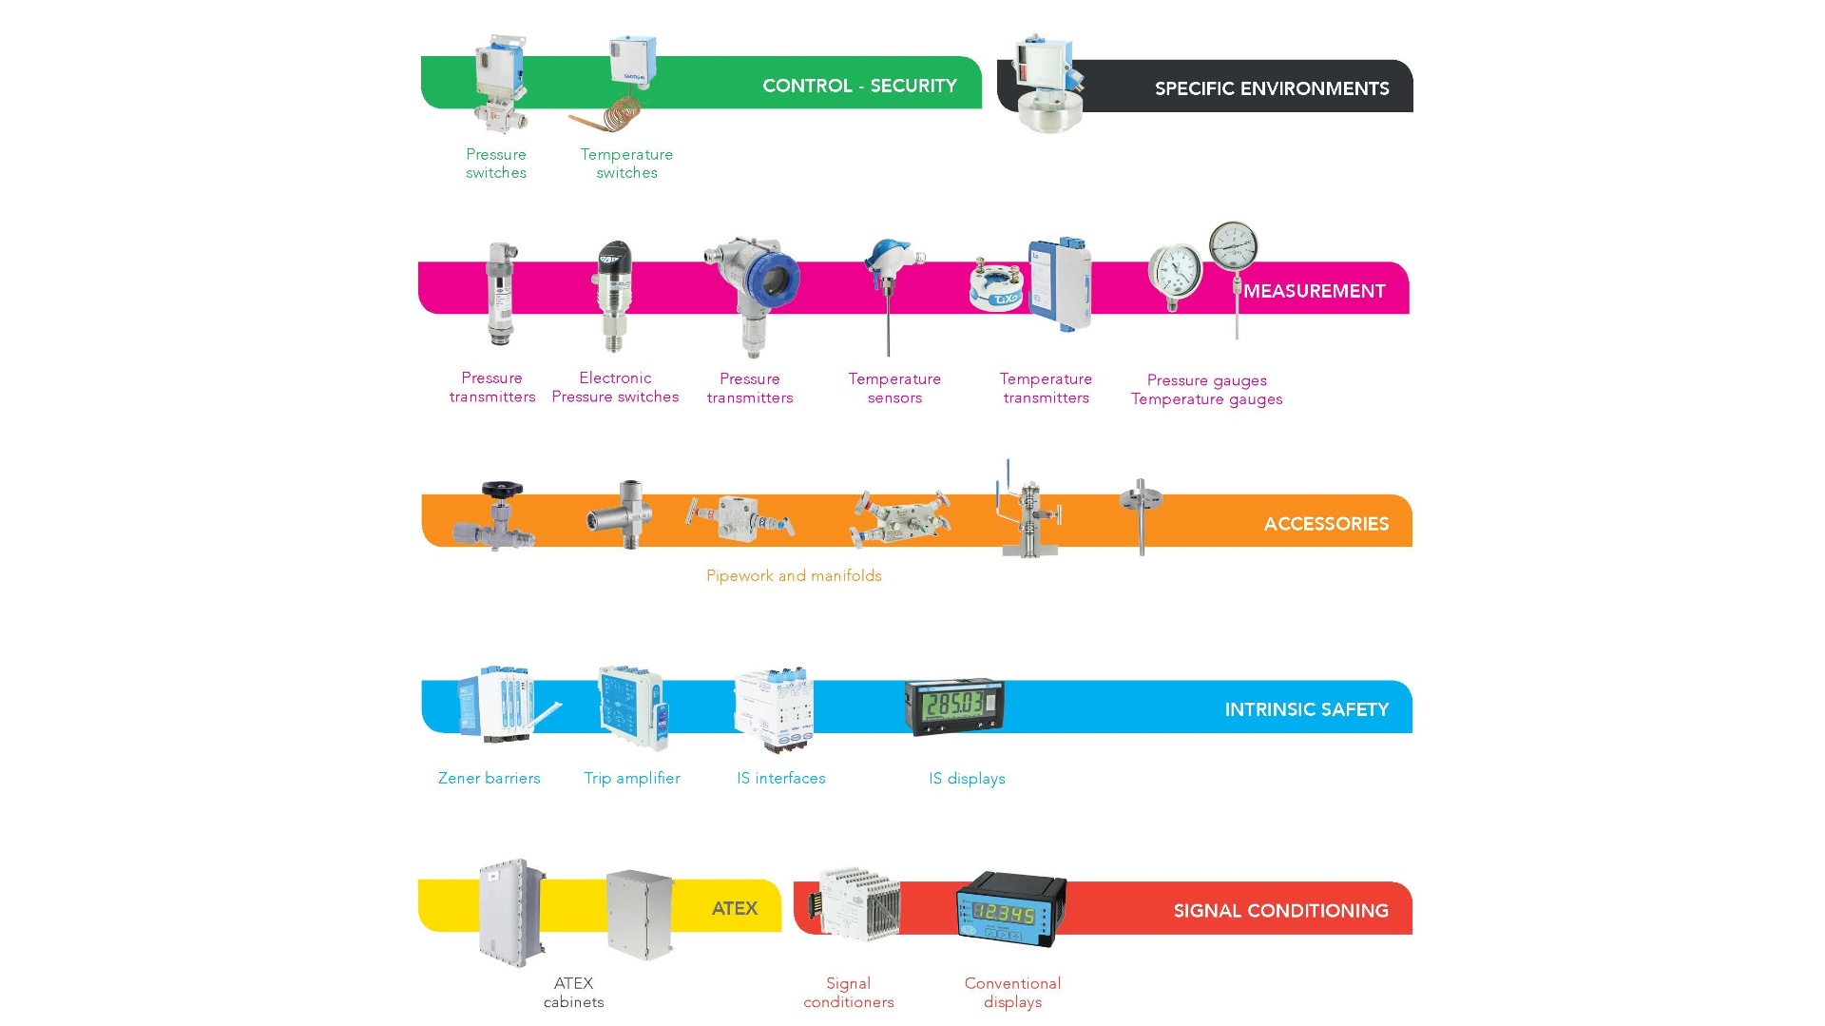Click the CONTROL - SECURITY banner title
[x=859, y=86]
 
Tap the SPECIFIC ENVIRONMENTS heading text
[x=1271, y=88]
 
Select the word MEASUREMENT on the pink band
[x=1314, y=291]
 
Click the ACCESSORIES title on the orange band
[x=1325, y=524]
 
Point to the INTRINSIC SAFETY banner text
[x=1306, y=709]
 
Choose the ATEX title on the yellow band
[x=734, y=908]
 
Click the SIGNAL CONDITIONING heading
[x=1280, y=911]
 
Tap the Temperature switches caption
[x=626, y=164]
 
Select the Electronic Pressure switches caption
[x=615, y=387]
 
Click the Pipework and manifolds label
[x=794, y=575]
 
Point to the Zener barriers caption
[x=489, y=778]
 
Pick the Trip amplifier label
[x=632, y=778]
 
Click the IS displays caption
[x=967, y=778]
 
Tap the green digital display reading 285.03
[x=953, y=705]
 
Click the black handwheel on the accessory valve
[x=501, y=490]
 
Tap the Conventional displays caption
[x=1012, y=992]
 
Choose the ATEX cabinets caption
[x=573, y=992]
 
